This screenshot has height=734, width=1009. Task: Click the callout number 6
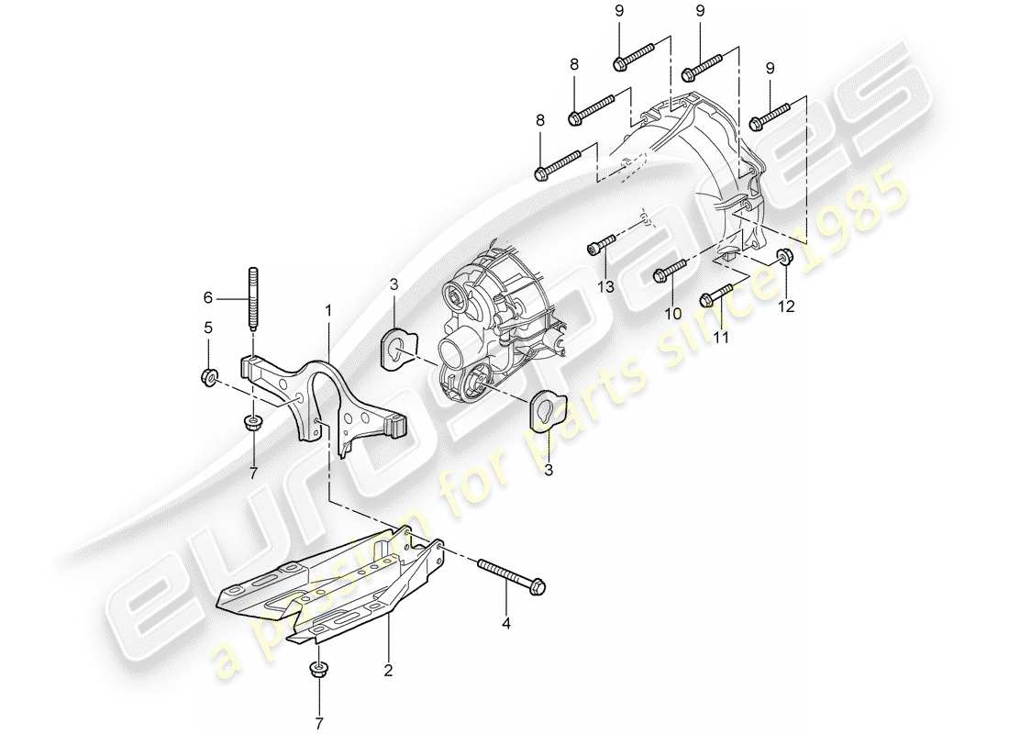pyautogui.click(x=207, y=297)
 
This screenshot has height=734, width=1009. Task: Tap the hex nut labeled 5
pyautogui.click(x=208, y=374)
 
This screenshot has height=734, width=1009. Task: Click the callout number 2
pyautogui.click(x=388, y=672)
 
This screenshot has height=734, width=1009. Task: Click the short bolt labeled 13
pyautogui.click(x=599, y=245)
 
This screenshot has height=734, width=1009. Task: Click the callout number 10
pyautogui.click(x=674, y=313)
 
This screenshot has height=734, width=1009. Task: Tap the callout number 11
pyautogui.click(x=721, y=338)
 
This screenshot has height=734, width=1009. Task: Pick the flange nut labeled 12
pyautogui.click(x=784, y=258)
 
